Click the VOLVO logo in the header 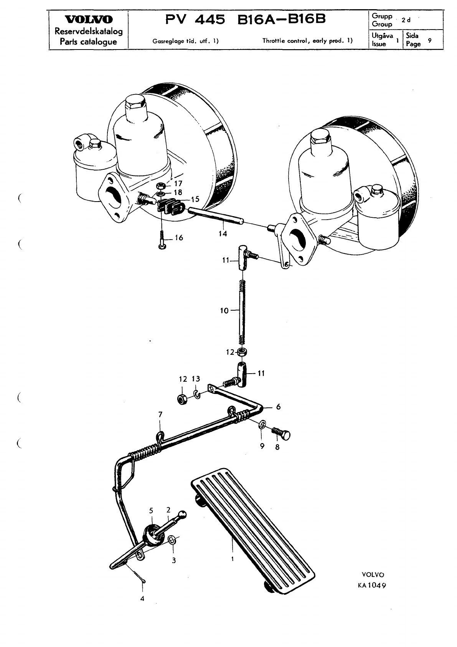(89, 20)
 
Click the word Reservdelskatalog (89, 31)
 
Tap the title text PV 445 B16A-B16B (246, 19)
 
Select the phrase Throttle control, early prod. (305, 41)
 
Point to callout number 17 (178, 184)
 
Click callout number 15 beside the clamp (195, 199)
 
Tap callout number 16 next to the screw (179, 237)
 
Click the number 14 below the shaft (223, 233)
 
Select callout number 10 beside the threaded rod (224, 311)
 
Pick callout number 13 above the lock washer (196, 379)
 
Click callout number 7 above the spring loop (160, 414)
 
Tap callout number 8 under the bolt (277, 447)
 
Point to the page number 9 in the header (430, 40)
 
